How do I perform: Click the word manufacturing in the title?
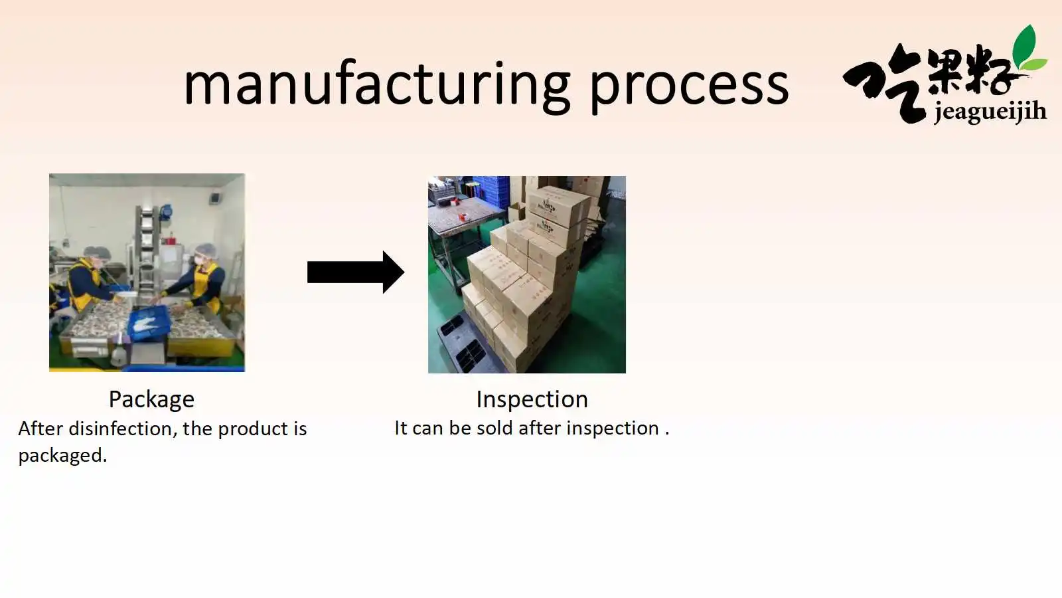tap(377, 86)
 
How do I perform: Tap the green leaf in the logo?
tap(1027, 50)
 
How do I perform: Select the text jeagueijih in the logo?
tap(990, 112)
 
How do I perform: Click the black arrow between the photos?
tap(356, 272)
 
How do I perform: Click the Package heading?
tap(152, 399)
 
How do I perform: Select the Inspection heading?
tap(532, 399)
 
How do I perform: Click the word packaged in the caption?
tap(62, 456)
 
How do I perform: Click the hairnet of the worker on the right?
tap(206, 250)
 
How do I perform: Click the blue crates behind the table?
tap(491, 191)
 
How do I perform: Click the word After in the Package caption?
tap(40, 429)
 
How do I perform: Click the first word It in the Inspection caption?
tap(401, 428)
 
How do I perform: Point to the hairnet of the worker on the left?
tap(97, 252)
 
